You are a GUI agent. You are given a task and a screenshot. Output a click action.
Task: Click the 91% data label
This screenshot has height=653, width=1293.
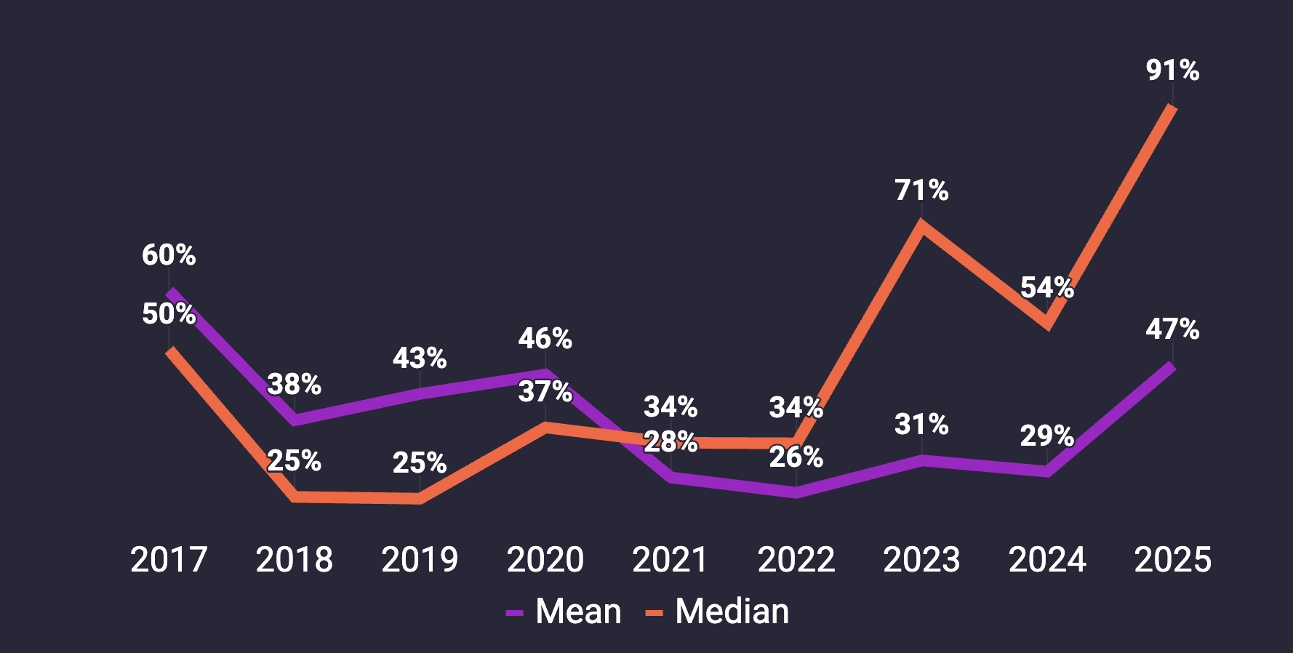tap(1172, 71)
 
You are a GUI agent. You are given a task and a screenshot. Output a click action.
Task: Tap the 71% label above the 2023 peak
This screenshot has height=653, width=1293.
tap(921, 191)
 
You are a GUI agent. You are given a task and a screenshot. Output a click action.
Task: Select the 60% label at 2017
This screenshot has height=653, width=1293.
tap(169, 255)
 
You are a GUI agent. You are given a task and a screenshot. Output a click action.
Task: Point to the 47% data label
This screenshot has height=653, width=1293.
tap(1172, 329)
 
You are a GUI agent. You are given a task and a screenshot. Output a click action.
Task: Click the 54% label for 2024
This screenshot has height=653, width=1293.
tap(1046, 288)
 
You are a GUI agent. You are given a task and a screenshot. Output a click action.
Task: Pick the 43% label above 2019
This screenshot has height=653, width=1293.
tap(420, 358)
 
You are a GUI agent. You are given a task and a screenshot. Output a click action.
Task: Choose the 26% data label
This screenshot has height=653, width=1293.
tap(796, 457)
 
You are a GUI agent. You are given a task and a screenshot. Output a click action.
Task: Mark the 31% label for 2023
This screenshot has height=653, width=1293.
tap(921, 425)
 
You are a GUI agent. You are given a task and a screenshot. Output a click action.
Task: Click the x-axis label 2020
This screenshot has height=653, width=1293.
tap(545, 560)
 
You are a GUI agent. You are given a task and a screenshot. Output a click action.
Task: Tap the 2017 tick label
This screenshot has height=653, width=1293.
tap(169, 560)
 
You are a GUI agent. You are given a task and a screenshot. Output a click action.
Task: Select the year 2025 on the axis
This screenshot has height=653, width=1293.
tap(1172, 560)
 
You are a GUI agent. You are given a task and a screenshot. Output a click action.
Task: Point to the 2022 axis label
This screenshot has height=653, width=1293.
tap(796, 560)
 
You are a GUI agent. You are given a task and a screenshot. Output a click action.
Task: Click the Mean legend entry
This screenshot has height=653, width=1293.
tap(565, 612)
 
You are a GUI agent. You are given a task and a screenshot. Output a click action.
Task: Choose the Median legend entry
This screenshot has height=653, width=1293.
tap(718, 612)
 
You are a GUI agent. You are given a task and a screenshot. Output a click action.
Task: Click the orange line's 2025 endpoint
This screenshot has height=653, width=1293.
tap(1172, 108)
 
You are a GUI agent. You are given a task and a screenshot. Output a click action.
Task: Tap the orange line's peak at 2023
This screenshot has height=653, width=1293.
tap(921, 225)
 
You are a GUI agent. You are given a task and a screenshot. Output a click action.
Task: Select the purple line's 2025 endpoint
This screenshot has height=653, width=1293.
tap(1172, 366)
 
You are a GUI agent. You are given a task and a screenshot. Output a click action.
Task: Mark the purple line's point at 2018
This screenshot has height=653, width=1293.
tap(295, 420)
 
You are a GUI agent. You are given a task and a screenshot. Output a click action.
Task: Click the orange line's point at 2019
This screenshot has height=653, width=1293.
tap(420, 498)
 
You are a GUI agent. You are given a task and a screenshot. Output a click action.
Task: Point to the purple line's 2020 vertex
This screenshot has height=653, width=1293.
tap(545, 374)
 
